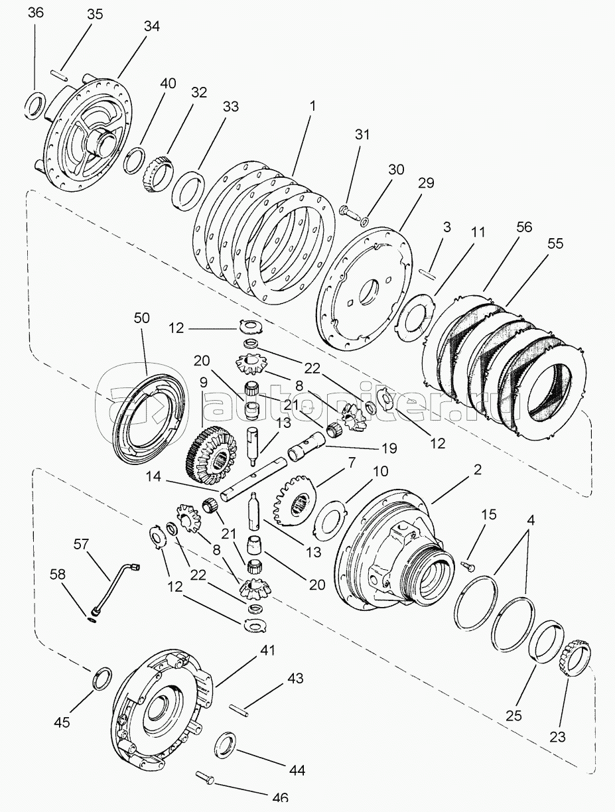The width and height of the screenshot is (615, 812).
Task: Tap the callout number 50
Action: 142,318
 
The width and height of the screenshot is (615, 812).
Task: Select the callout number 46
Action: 280,797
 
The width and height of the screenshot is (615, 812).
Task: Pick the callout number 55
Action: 555,243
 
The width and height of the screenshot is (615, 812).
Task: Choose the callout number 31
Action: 362,135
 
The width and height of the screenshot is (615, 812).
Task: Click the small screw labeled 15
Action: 468,563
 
